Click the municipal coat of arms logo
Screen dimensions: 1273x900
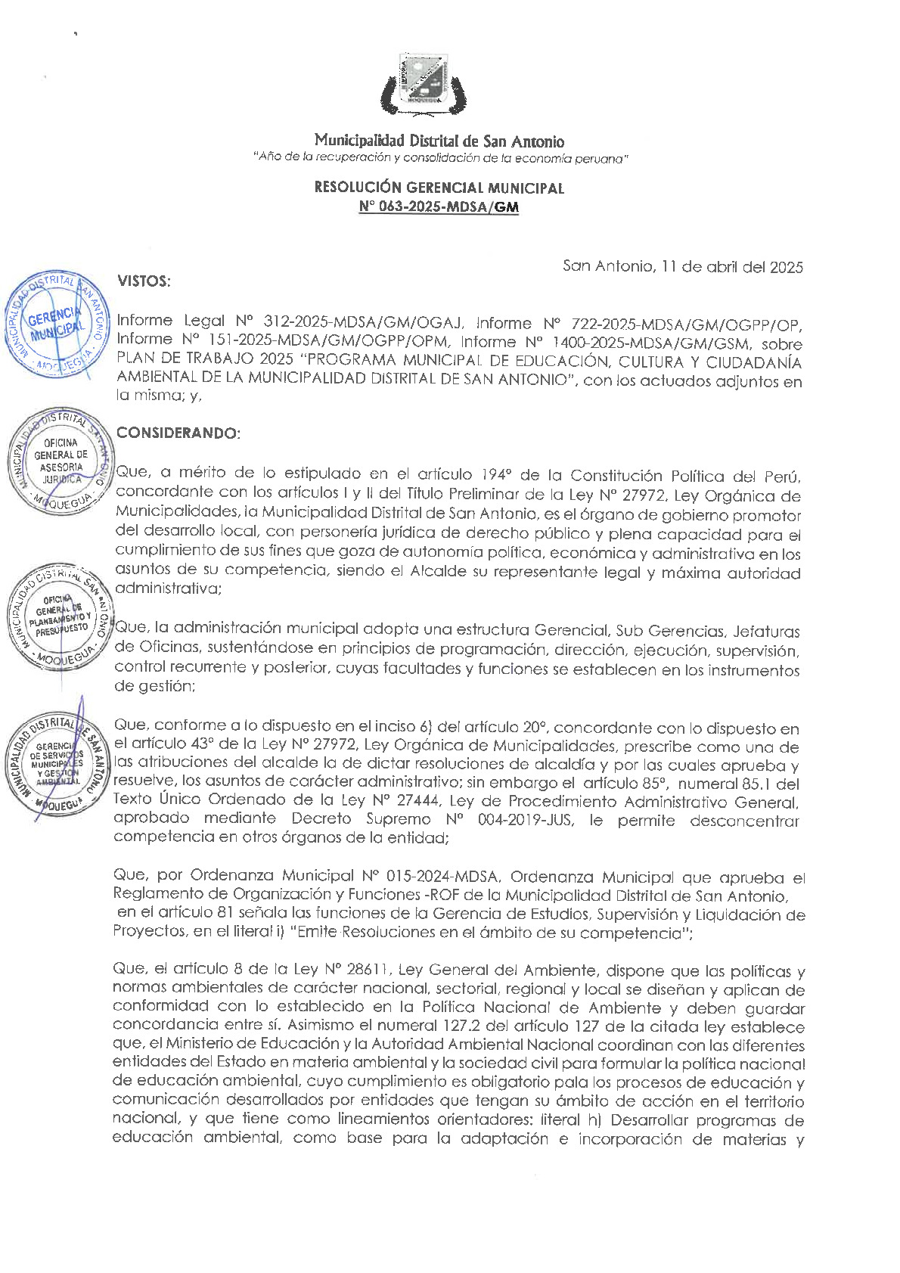click(x=424, y=83)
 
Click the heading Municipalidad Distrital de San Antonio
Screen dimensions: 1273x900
click(x=439, y=141)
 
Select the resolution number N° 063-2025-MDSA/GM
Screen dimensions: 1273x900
click(x=439, y=206)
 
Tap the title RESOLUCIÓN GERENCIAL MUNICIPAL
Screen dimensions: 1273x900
click(x=439, y=188)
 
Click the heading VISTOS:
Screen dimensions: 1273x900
click(x=144, y=281)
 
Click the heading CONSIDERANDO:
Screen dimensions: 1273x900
click(x=178, y=433)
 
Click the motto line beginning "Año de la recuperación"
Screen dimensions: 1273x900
click(x=441, y=158)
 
